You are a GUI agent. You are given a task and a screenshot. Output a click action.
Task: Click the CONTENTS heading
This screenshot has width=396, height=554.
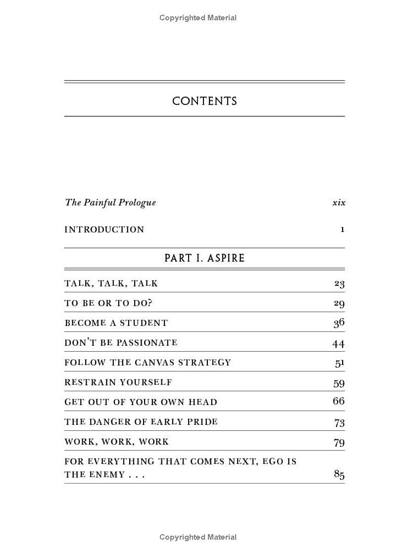(204, 101)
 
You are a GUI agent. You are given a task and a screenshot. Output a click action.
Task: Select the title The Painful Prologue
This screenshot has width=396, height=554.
(110, 202)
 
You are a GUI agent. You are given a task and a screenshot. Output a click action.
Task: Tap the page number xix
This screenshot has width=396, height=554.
(339, 202)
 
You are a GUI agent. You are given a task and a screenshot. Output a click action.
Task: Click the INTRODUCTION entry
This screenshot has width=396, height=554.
(104, 230)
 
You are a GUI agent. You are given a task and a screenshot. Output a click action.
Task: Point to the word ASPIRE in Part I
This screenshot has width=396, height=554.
(226, 258)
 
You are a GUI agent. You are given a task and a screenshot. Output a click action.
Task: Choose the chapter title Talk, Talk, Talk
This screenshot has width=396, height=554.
(111, 283)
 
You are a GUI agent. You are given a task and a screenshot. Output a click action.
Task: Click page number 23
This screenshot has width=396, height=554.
(339, 283)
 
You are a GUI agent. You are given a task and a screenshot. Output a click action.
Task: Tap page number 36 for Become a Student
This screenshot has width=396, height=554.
(339, 323)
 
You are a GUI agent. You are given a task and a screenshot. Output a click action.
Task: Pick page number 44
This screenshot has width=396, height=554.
(339, 343)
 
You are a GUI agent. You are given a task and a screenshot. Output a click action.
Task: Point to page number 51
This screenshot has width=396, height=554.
(340, 363)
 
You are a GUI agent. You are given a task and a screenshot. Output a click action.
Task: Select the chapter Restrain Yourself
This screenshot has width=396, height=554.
(118, 382)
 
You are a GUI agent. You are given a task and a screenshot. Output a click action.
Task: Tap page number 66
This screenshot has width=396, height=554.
(339, 401)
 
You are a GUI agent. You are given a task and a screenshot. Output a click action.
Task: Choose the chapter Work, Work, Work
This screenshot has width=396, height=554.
(116, 442)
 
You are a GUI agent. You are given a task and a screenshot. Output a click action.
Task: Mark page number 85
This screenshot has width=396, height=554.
(339, 474)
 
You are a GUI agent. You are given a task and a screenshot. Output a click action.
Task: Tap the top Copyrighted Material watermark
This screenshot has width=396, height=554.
(198, 18)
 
